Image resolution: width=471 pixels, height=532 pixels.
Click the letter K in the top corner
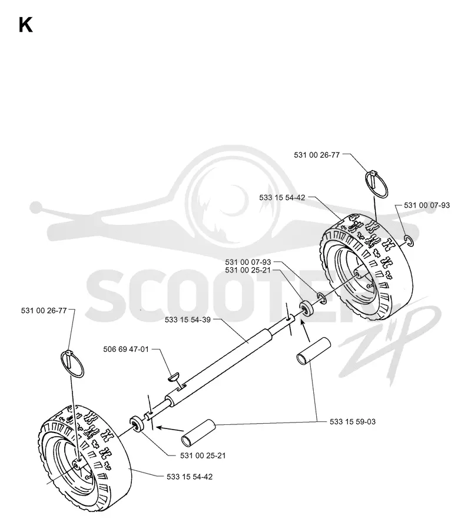pyautogui.click(x=26, y=25)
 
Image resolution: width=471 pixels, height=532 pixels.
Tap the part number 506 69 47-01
pyautogui.click(x=126, y=349)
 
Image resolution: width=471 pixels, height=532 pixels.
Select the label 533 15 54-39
pyautogui.click(x=188, y=320)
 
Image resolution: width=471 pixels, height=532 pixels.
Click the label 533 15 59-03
pyautogui.click(x=353, y=422)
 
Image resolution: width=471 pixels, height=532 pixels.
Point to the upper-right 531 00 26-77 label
pyautogui.click(x=317, y=155)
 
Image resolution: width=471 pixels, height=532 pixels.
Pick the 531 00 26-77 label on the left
pyautogui.click(x=44, y=311)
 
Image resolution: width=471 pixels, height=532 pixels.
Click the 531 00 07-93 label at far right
pyautogui.click(x=426, y=205)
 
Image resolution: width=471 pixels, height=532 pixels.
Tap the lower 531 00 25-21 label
pyautogui.click(x=203, y=455)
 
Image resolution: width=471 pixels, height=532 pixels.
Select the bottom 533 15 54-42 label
pyautogui.click(x=190, y=477)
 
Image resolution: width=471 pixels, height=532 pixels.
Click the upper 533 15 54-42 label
pyautogui.click(x=282, y=198)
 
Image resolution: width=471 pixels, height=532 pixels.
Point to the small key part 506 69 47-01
pyautogui.click(x=175, y=376)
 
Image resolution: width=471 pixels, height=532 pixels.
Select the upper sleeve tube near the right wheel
pyautogui.click(x=314, y=351)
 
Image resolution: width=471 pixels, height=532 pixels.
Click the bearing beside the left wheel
pyautogui.click(x=137, y=424)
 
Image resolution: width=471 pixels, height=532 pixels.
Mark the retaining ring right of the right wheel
pyautogui.click(x=409, y=241)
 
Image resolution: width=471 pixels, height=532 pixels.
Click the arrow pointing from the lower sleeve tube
pyautogui.click(x=170, y=429)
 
